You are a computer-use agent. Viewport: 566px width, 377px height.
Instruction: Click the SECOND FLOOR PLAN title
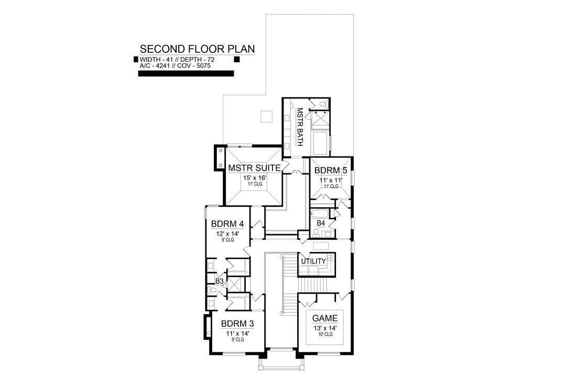(x=197, y=49)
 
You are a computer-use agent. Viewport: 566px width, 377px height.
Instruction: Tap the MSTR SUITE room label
(x=254, y=168)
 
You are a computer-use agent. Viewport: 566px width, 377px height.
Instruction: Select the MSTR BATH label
(x=299, y=127)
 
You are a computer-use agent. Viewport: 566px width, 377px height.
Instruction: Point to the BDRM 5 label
(x=328, y=170)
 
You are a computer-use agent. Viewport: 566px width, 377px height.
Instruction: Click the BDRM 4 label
(x=227, y=224)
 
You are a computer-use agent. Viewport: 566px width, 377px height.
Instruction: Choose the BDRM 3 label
(x=237, y=324)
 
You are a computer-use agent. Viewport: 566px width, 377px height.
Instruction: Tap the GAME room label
(x=325, y=318)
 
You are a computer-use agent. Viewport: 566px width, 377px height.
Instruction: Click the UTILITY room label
(x=313, y=261)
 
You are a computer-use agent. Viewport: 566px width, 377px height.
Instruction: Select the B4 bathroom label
(x=321, y=223)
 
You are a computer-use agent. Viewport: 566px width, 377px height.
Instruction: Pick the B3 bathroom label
(x=220, y=281)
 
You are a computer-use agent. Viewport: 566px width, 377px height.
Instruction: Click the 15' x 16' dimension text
(x=255, y=178)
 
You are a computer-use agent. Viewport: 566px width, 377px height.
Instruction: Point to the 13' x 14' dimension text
(x=325, y=328)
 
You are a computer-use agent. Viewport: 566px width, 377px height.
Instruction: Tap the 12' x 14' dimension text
(x=228, y=234)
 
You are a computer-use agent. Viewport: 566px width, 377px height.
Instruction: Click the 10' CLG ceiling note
(x=325, y=335)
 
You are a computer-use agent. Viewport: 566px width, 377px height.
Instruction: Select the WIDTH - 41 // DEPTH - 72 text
(x=177, y=60)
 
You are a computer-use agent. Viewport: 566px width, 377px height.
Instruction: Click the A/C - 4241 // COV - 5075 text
(x=175, y=66)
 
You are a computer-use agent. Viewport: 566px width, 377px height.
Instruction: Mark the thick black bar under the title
(x=186, y=74)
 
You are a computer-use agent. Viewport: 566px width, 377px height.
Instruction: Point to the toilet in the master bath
(x=323, y=104)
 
